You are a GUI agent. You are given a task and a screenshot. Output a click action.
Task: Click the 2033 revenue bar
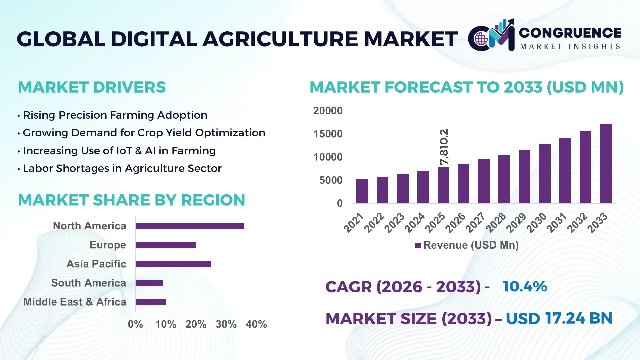coord(606,163)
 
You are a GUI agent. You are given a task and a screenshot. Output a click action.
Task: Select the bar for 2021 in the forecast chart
coord(362,191)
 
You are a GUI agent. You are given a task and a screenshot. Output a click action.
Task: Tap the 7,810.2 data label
coord(444,147)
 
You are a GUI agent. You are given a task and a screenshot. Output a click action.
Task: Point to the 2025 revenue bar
coord(443,185)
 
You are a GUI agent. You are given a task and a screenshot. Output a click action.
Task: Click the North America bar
coord(190,226)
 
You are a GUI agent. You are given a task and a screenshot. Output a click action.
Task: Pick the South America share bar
coord(149,283)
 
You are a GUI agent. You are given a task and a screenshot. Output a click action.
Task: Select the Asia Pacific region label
coord(96,264)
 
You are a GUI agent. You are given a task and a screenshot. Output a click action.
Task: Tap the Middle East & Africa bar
coord(151,302)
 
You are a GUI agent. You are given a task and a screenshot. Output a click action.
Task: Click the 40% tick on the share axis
coord(256,324)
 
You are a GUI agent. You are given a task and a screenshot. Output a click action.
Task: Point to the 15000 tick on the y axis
coord(328,134)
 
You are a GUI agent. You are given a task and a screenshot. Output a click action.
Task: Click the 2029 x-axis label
coord(516,223)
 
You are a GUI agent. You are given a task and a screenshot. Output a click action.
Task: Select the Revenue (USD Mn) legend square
coord(418,245)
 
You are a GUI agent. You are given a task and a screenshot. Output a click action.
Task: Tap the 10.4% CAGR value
coord(525,286)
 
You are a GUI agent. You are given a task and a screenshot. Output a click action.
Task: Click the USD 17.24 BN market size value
coord(559,318)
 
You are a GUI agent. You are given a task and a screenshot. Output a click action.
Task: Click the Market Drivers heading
coord(92,87)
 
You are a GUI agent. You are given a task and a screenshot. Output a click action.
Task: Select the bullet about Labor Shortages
coord(122,168)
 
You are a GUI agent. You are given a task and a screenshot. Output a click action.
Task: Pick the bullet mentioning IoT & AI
coord(119,151)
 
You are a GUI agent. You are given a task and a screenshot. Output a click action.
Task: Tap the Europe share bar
coord(166,245)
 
